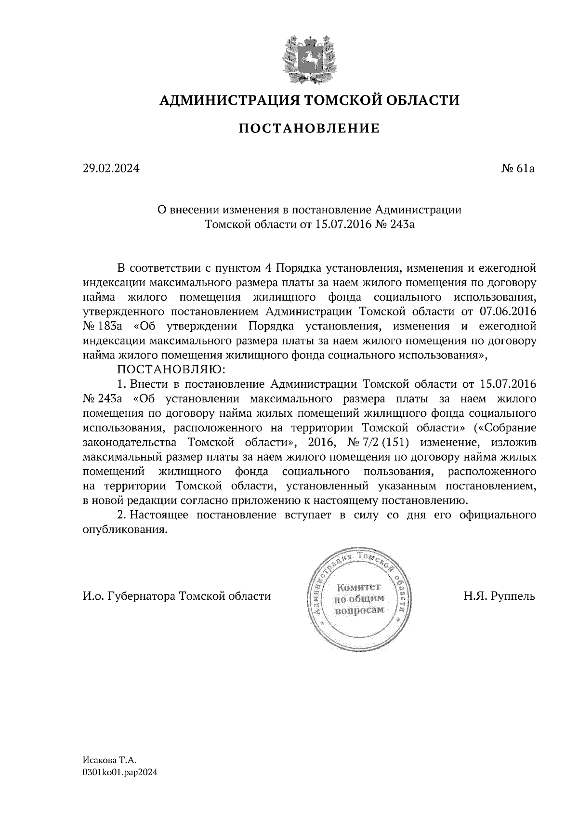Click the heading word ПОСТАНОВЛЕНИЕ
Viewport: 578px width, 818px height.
pos(309,128)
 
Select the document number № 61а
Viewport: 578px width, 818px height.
pos(518,169)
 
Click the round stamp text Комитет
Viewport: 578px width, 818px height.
pos(359,587)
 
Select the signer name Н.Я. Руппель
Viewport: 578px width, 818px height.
pos(499,596)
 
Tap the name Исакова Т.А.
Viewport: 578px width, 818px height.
pos(110,760)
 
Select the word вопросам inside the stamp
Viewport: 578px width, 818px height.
pos(359,610)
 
